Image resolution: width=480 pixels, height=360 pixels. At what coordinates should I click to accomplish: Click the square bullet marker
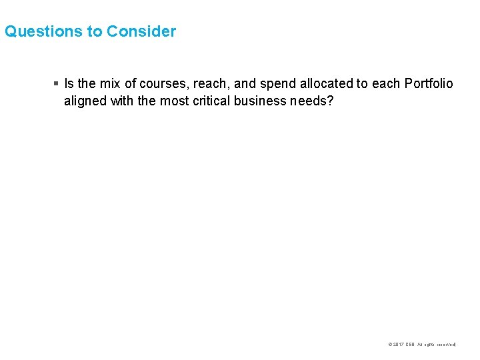[x=56, y=84]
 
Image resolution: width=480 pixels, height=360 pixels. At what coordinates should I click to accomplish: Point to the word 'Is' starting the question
[x=69, y=84]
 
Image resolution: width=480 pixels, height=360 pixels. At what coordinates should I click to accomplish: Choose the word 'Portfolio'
[x=427, y=84]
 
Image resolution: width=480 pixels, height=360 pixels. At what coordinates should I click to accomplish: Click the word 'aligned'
[x=83, y=101]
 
